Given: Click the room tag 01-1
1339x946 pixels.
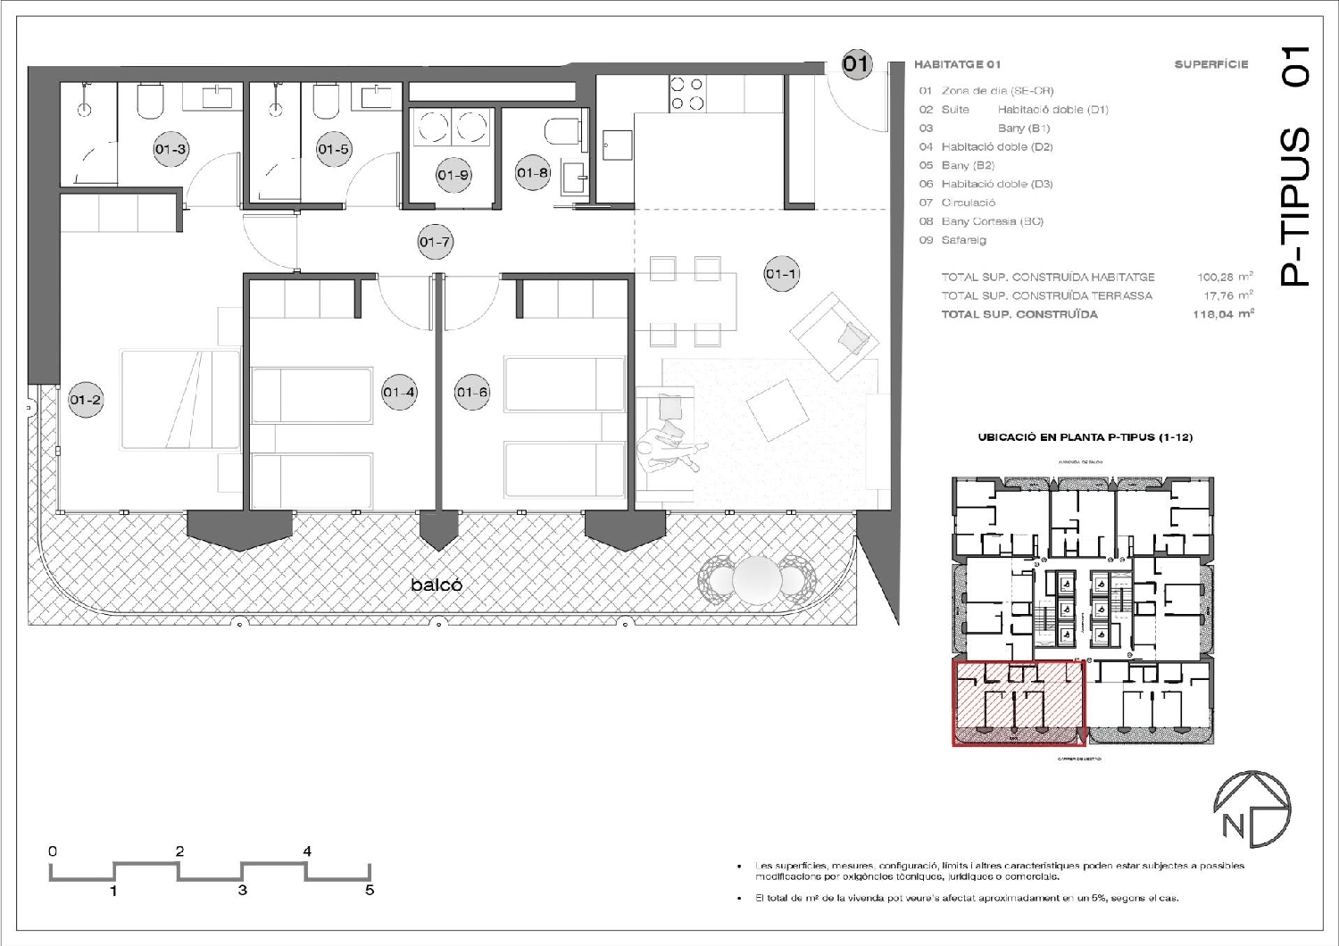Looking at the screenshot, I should point(781,274).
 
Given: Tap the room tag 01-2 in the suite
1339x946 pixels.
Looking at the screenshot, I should point(86,400).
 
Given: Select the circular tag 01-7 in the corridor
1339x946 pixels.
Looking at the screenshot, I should point(435,242).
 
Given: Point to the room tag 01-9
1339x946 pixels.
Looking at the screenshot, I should point(453,175).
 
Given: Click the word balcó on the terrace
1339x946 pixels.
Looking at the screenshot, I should point(437,585).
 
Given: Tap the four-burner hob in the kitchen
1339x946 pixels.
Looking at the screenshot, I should point(686,94).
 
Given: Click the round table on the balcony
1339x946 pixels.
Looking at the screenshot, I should point(756,580).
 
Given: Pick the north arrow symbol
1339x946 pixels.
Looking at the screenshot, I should point(1252,809).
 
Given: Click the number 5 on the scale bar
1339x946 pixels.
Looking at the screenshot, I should point(370,890).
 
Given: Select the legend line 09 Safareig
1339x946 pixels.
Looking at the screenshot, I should point(952,240).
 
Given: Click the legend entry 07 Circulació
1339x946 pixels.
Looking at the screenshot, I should point(957,203).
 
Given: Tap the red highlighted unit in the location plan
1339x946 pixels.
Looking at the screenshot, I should point(1019,703).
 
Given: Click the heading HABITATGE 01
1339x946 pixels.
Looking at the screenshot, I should point(957,64).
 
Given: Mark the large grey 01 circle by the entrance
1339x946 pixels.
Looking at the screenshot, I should point(856,63).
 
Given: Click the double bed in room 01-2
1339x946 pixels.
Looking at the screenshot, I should point(181,399).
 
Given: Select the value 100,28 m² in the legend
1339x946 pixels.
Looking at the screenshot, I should point(1224,278).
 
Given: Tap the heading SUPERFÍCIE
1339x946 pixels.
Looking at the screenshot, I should point(1210,64).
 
